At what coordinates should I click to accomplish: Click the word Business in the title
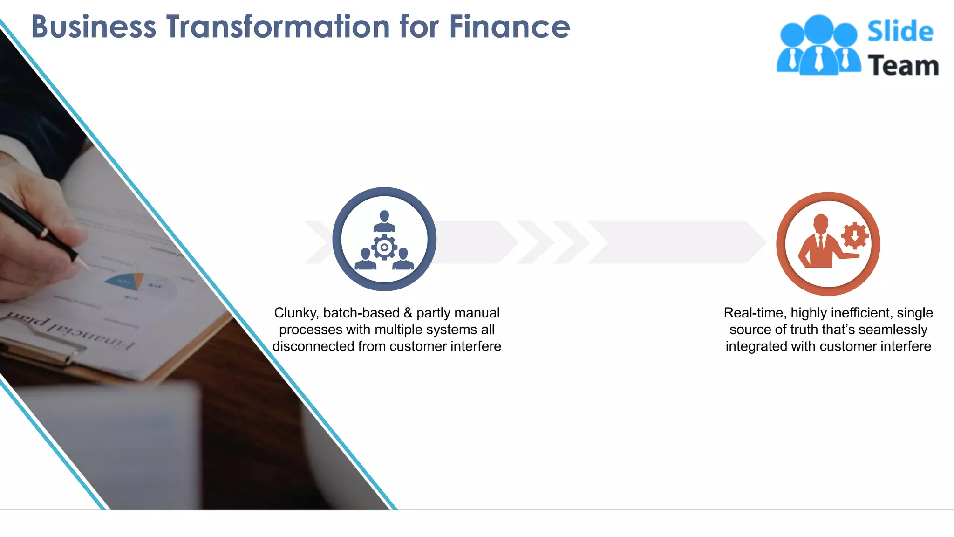[x=94, y=27]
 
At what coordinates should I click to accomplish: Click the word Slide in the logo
[x=900, y=32]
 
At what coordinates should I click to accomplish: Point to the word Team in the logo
[x=903, y=65]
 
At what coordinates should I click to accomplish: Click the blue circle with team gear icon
[x=384, y=239]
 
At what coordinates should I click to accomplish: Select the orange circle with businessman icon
[x=828, y=244]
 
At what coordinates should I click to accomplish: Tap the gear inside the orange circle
[x=855, y=236]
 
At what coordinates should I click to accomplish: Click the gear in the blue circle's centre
[x=384, y=248]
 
